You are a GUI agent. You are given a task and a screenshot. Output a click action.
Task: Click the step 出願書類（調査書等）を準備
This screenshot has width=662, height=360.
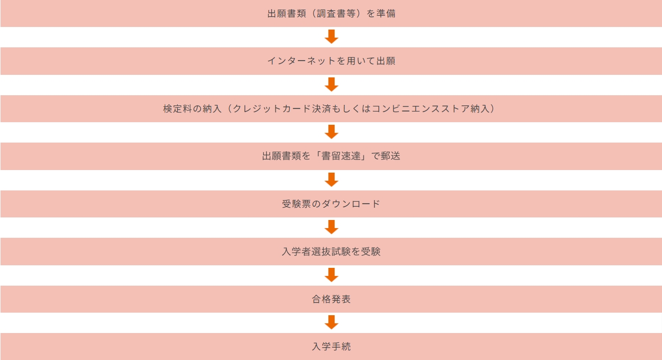click(x=331, y=14)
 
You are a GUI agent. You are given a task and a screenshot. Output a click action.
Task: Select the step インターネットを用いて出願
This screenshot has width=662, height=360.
click(x=331, y=61)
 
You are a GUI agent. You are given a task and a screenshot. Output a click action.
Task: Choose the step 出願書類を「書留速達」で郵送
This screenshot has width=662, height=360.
click(x=331, y=156)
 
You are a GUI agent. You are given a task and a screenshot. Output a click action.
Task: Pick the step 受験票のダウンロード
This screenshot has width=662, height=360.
click(x=331, y=204)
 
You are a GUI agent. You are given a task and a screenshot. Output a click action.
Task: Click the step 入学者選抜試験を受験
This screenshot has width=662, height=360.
click(x=331, y=252)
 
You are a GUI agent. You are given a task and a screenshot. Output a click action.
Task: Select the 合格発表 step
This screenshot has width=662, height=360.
click(x=331, y=299)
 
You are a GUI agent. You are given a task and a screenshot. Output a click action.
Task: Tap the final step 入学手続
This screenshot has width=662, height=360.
click(x=331, y=347)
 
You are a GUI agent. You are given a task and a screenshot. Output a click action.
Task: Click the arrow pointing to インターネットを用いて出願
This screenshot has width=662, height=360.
click(x=332, y=37)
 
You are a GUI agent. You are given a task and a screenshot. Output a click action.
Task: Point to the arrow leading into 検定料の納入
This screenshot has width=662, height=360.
click(x=332, y=85)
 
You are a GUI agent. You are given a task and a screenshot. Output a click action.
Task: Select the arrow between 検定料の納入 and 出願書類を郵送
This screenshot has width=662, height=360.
click(x=332, y=132)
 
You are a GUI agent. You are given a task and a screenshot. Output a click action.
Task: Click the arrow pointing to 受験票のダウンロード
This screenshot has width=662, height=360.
click(x=332, y=180)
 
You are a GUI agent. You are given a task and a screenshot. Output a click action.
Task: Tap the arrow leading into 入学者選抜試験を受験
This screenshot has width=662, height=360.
click(x=332, y=227)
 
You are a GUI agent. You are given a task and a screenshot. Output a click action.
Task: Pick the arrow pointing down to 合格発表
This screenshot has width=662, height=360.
click(x=332, y=275)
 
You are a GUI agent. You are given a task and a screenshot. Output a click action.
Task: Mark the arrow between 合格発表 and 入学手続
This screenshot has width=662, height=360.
click(x=332, y=322)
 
